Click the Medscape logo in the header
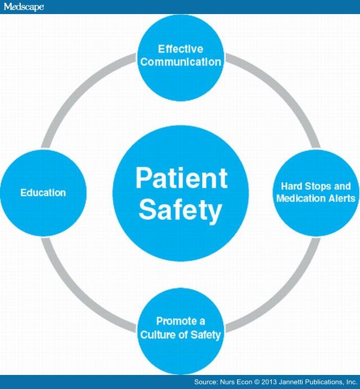click(23, 7)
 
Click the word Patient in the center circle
click(181, 178)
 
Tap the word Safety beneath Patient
click(180, 210)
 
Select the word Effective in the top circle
click(180, 49)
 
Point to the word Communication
click(180, 61)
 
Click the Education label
click(43, 193)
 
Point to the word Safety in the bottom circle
click(206, 334)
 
